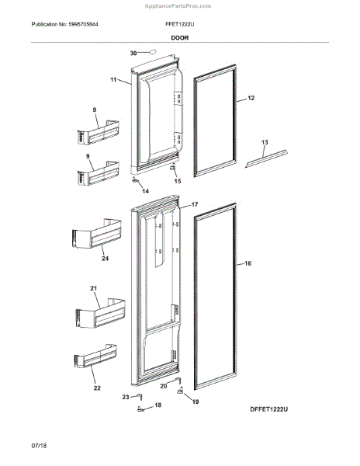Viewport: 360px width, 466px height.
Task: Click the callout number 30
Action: (133, 54)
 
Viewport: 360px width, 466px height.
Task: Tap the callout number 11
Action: (113, 80)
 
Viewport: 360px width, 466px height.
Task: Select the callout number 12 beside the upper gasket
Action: (251, 99)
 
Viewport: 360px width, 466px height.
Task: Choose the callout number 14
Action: (144, 190)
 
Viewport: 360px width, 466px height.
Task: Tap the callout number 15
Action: (177, 181)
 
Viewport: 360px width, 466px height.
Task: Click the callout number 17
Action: (195, 205)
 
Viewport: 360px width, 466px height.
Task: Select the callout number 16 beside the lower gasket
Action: (248, 264)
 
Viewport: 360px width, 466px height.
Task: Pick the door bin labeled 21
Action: (99, 315)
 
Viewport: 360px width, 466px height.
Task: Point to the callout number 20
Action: (164, 386)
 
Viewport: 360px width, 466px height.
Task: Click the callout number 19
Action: (196, 402)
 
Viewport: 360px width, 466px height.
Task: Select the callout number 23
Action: (126, 397)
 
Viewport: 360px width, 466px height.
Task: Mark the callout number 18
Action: (158, 405)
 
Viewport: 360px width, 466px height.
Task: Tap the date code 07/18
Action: (16, 449)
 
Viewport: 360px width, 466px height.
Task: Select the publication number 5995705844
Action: (98, 25)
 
